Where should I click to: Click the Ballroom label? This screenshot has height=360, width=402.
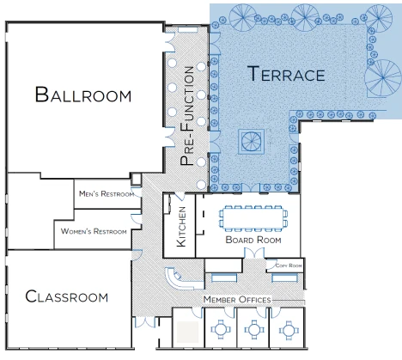point(83,95)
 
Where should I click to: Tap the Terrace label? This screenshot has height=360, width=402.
point(286,74)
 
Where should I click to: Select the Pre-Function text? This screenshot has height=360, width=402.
point(187,116)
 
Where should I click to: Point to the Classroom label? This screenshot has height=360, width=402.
point(67,296)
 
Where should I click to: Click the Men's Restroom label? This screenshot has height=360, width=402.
point(107,194)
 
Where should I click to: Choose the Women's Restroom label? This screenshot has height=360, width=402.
point(94,231)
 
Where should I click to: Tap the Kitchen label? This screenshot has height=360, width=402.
point(181,227)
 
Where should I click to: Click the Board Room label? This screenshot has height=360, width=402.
point(253,240)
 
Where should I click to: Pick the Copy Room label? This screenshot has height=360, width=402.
point(289,265)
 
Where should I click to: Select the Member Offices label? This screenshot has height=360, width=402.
point(237,300)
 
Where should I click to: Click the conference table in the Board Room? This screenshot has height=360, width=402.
point(253,218)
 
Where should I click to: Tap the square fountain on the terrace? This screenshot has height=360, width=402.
point(252,142)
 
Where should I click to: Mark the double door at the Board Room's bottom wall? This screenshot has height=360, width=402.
point(254,253)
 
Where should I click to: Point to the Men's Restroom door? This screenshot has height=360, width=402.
point(137,192)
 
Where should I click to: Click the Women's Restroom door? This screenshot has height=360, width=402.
point(136,218)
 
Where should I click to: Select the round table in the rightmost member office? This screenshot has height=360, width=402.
point(289,330)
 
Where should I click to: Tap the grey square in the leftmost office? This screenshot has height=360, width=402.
point(188,332)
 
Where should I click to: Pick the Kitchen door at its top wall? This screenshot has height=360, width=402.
point(180,196)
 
